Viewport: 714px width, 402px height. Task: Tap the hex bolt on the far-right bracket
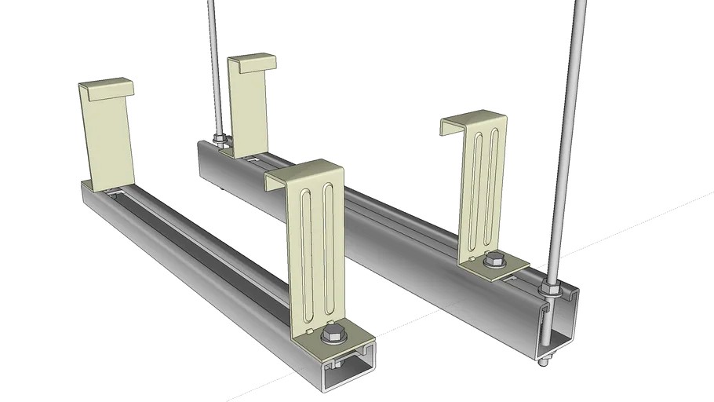pyautogui.click(x=494, y=258)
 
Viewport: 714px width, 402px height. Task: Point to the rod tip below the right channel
pyautogui.click(x=542, y=363)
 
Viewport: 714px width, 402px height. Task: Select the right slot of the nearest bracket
pyautogui.click(x=329, y=251)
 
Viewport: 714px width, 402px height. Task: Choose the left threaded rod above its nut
pyautogui.click(x=214, y=63)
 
